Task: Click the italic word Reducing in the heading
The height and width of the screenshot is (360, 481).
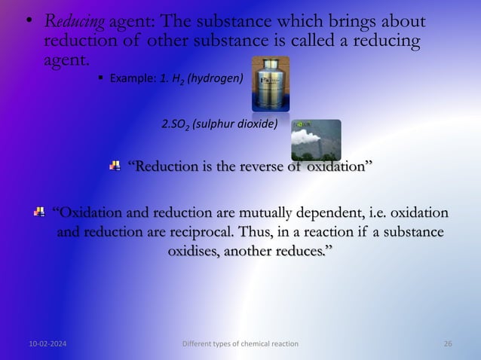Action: [x=74, y=23]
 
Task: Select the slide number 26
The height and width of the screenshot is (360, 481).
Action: [x=448, y=343]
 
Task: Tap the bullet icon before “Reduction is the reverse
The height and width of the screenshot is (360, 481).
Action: [x=115, y=166]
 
